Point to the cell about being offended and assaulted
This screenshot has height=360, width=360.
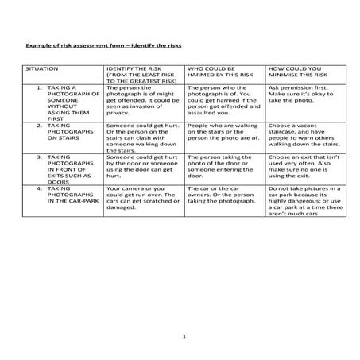[224, 103]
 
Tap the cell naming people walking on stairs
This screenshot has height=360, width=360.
[224, 132]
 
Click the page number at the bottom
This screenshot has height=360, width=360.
[183, 338]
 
